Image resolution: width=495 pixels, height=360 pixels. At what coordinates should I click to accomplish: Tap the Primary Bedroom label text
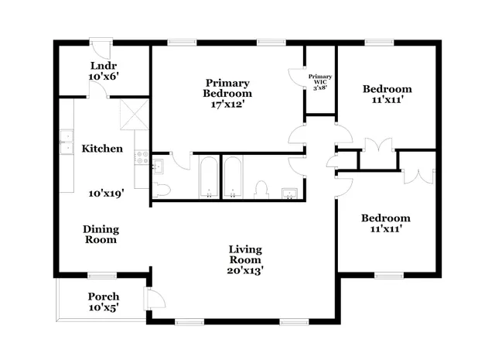click(x=227, y=87)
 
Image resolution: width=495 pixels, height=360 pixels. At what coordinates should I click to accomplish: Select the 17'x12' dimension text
click(x=227, y=105)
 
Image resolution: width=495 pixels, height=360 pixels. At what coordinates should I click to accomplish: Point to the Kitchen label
click(x=103, y=148)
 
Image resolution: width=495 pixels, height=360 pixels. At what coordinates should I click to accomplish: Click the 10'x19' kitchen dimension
click(x=107, y=194)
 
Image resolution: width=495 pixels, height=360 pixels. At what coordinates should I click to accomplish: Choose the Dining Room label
click(x=101, y=234)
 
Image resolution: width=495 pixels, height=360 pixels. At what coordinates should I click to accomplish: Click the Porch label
click(x=103, y=297)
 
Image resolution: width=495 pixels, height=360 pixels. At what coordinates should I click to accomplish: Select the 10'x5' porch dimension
click(x=103, y=309)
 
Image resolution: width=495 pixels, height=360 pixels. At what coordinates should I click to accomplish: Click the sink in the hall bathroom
click(x=289, y=192)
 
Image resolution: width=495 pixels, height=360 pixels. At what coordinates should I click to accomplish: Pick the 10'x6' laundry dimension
click(x=103, y=77)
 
